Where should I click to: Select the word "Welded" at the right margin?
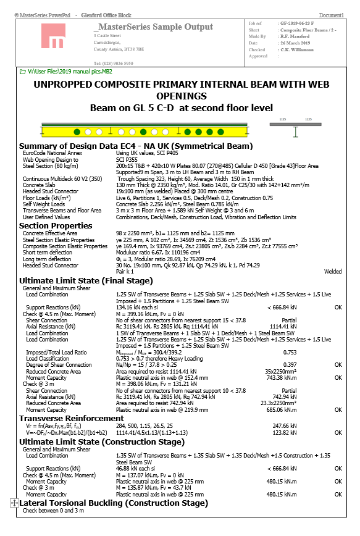point(334,270)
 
